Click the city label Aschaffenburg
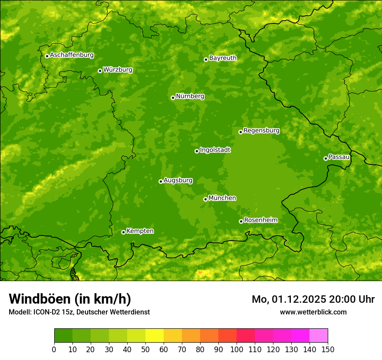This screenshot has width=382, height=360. [72, 55]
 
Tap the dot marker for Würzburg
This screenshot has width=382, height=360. [100, 71]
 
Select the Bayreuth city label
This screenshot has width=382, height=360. [223, 58]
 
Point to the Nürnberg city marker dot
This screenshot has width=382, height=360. [173, 98]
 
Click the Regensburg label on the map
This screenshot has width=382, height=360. [261, 131]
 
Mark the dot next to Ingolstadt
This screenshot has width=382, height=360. [197, 151]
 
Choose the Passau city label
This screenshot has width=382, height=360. [339, 157]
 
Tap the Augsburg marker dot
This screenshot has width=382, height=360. [161, 181]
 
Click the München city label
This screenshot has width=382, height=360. [222, 198]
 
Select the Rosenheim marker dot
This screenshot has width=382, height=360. [241, 221]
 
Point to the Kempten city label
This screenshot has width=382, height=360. [140, 231]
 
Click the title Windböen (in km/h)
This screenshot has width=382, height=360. [70, 299]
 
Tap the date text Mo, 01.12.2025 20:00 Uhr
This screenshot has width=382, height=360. [313, 299]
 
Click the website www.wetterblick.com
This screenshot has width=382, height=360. [313, 312]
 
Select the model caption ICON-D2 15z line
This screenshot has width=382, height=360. [79, 312]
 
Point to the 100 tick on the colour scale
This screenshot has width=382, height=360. [237, 349]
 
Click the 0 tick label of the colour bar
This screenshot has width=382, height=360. [54, 349]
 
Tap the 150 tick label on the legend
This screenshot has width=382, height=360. [328, 349]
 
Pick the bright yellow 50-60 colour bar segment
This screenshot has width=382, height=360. [155, 336]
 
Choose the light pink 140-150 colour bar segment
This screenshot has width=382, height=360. [319, 336]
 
